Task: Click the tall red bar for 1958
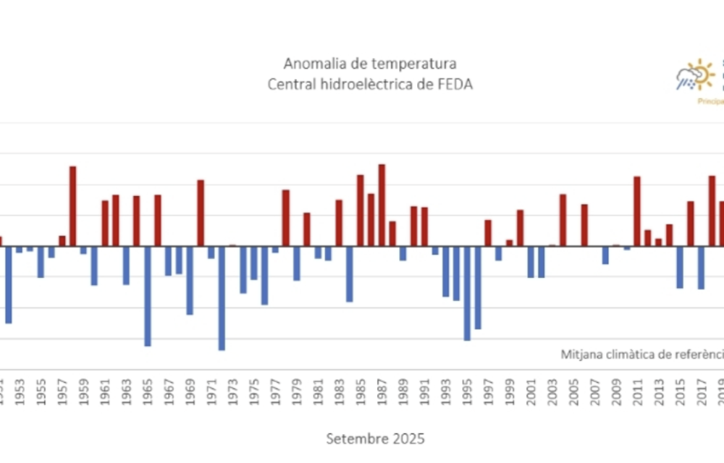tap(73, 206)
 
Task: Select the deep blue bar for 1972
tap(222, 298)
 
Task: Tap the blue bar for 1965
tap(148, 296)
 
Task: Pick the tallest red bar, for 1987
tap(382, 205)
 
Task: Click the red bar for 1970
tap(201, 213)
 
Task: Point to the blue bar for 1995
tap(467, 293)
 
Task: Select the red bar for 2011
tap(637, 211)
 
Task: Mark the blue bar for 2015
tap(680, 267)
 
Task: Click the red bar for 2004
tap(563, 220)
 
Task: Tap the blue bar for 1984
tap(350, 273)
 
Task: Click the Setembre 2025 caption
tap(375, 438)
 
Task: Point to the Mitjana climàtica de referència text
tap(641, 354)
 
